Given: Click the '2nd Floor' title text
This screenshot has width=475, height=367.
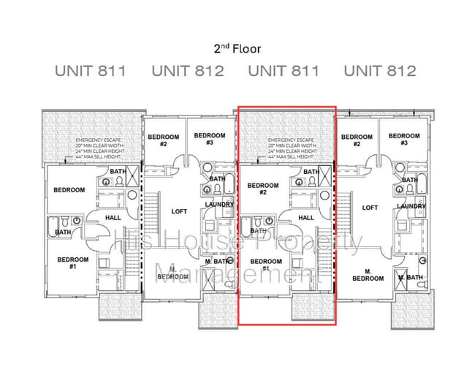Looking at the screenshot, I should tap(237, 49).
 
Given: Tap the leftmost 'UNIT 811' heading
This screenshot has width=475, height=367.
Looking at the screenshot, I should tap(91, 72).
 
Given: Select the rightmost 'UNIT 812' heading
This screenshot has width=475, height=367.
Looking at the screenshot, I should tap(380, 72).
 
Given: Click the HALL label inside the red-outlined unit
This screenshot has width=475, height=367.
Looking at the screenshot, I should tap(307, 217).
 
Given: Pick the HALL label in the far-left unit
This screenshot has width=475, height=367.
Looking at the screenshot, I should tap(113, 217).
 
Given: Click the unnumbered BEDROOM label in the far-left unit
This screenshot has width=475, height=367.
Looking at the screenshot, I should tap(69, 190).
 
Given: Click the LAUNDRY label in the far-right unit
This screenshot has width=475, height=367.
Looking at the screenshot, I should tap(411, 207).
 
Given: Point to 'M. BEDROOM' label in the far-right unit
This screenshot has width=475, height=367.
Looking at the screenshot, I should tap(368, 275).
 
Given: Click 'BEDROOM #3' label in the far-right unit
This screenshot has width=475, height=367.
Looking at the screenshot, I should tap(404, 140).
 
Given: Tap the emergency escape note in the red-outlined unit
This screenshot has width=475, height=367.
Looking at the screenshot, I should tap(290, 149).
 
